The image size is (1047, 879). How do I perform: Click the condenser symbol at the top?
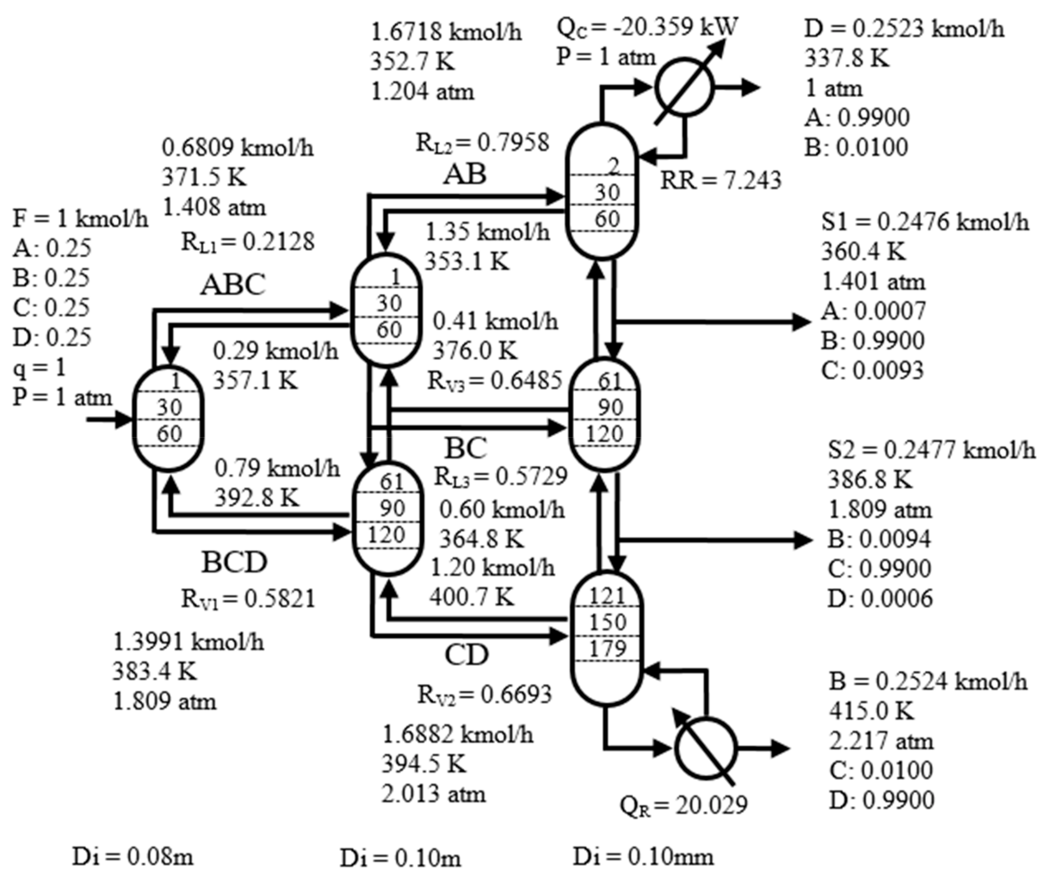tap(684, 88)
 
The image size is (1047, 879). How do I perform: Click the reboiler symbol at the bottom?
tap(705, 748)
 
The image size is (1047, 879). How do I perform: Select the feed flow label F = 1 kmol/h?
tap(80, 219)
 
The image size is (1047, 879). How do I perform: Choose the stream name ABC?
tap(233, 285)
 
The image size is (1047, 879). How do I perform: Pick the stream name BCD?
tap(234, 562)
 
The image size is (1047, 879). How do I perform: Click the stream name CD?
tap(466, 655)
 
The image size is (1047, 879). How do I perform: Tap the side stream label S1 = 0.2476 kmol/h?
tap(925, 222)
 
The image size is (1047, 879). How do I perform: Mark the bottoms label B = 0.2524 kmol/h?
tap(928, 681)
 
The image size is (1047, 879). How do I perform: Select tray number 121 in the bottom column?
tap(607, 596)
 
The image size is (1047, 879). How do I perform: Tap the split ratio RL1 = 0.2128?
tap(248, 242)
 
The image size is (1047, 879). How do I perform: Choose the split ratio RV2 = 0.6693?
tap(485, 694)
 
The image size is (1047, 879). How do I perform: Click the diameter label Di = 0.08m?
tap(133, 857)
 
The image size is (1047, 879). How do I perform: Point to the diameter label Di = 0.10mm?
tap(643, 857)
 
